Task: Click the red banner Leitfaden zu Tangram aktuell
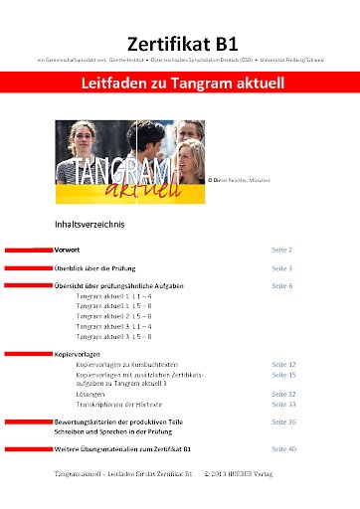coord(180,85)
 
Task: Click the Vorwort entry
coord(68,251)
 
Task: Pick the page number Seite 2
coord(282,251)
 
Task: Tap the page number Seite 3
coord(282,268)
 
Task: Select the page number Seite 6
coord(282,285)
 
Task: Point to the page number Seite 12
coord(284,365)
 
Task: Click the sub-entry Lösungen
coord(92,394)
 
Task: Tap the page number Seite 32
coord(284,394)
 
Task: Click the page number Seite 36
coord(284,423)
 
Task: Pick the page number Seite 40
coord(284,449)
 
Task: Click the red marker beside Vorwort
coord(28,251)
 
